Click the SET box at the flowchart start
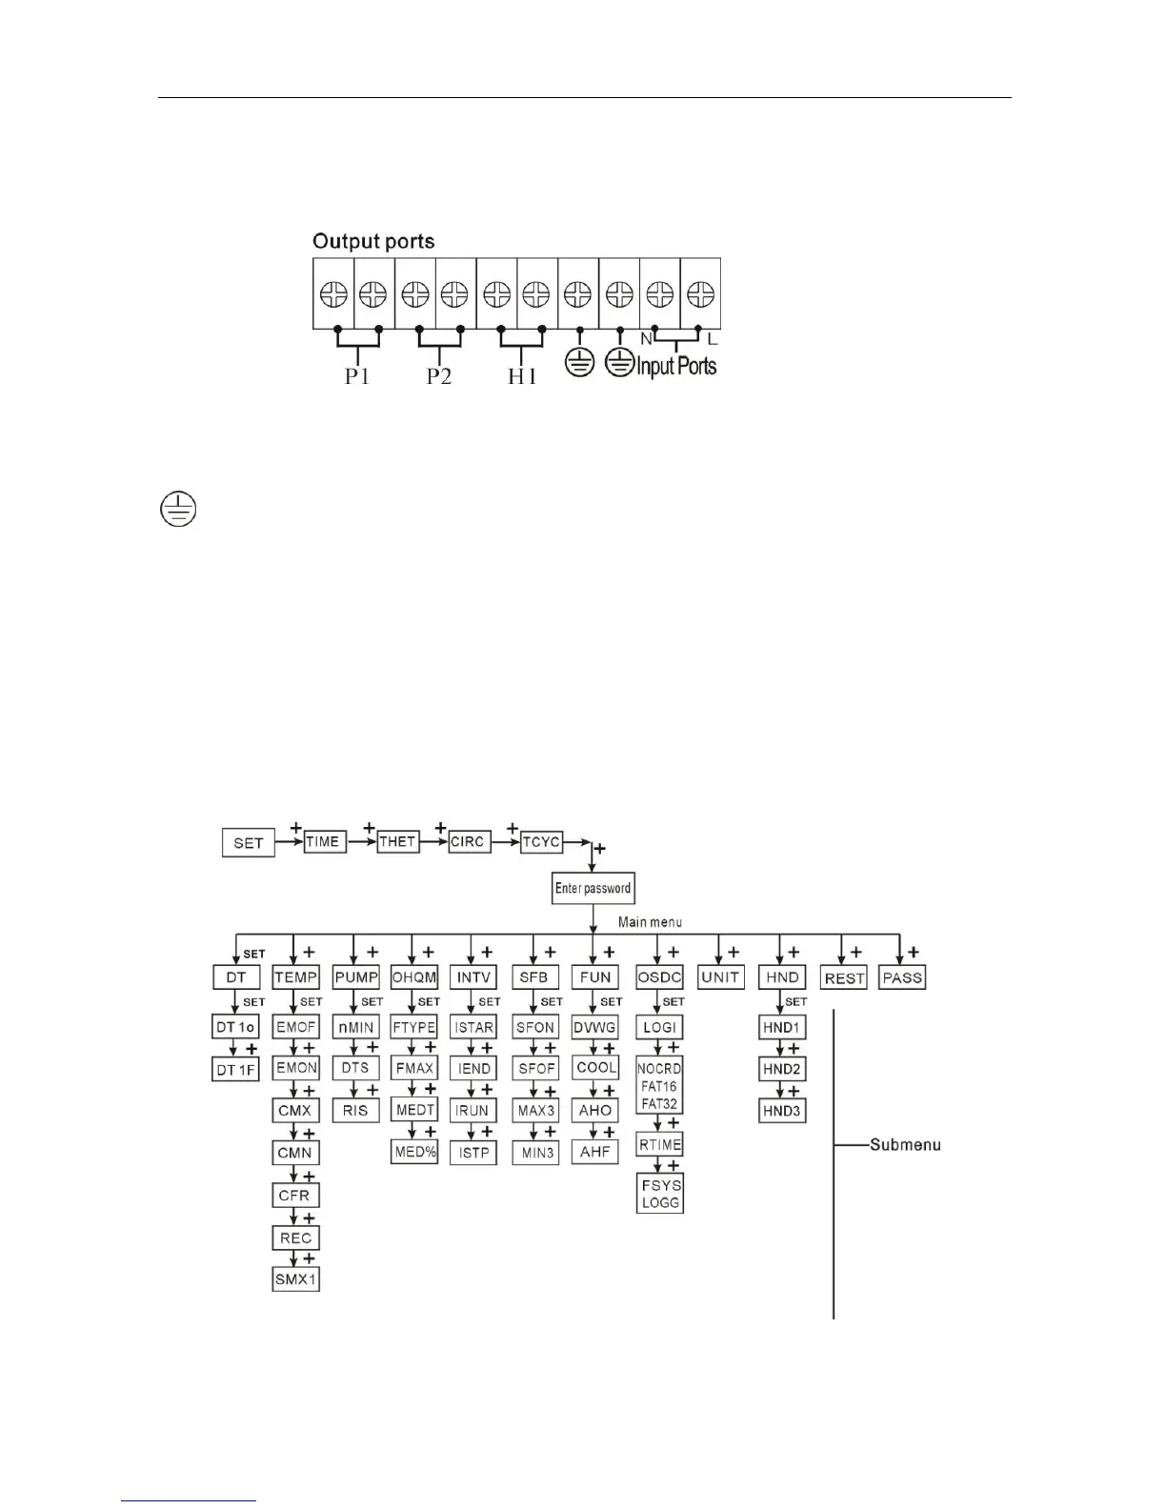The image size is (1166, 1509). tap(248, 843)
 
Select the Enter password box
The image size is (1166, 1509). tap(593, 889)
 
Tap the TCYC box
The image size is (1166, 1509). tap(541, 841)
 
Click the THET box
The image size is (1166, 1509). tap(397, 841)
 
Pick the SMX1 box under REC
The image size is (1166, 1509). tap(295, 1279)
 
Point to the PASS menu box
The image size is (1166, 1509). tap(902, 977)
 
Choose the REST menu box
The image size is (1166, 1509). tap(844, 978)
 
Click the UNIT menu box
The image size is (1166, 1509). tap(720, 977)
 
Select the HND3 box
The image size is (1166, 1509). tap(782, 1111)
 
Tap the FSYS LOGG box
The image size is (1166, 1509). tap(660, 1194)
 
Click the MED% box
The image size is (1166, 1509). tap(414, 1153)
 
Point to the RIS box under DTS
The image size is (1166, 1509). tap(355, 1111)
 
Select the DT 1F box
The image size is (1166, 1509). tap(236, 1070)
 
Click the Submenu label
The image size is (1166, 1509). tap(905, 1144)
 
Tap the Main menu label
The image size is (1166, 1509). tap(650, 922)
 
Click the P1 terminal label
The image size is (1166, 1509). tap(357, 376)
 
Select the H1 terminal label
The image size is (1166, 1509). tap(521, 376)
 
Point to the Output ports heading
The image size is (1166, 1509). tap(373, 241)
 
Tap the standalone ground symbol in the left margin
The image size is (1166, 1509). tap(177, 510)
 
